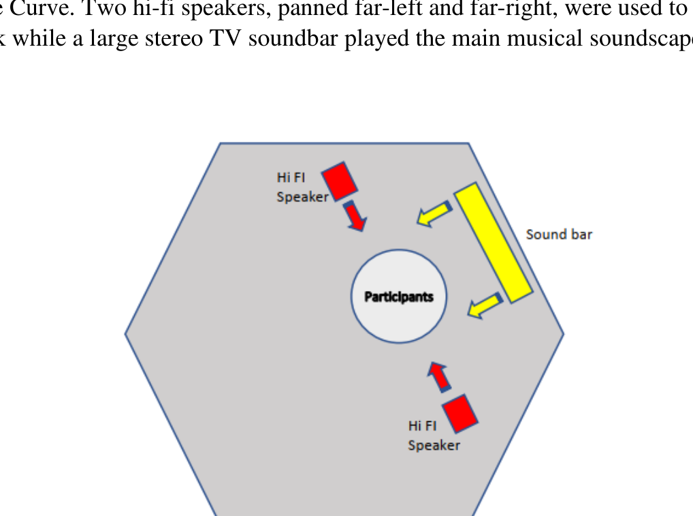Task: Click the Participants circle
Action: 399,297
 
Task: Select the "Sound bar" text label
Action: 559,234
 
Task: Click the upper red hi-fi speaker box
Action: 340,181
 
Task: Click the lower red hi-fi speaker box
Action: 460,412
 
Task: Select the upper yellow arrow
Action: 434,213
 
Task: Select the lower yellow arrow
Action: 484,305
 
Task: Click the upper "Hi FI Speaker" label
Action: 302,187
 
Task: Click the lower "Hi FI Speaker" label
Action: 434,435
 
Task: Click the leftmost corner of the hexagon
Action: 126,333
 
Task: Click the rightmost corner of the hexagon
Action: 563,333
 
